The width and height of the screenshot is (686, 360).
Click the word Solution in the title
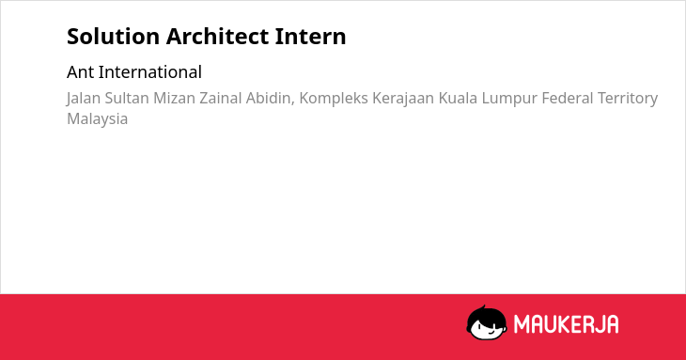tap(114, 37)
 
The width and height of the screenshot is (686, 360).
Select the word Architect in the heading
tap(217, 37)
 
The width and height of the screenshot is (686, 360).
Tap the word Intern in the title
tap(311, 37)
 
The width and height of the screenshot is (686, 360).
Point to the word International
tap(150, 72)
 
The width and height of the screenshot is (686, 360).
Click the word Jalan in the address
tap(84, 99)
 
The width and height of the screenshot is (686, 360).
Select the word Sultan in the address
tap(127, 98)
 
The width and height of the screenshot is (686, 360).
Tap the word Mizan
tap(174, 98)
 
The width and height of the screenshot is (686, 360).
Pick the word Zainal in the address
tap(221, 98)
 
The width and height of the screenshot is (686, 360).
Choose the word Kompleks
tap(334, 99)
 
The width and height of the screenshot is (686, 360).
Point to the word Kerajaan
tap(403, 99)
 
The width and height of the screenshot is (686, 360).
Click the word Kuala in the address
tap(458, 98)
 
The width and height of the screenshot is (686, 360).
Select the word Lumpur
tap(509, 99)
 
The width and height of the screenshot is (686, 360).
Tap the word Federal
tap(568, 98)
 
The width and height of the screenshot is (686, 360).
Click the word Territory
tap(628, 99)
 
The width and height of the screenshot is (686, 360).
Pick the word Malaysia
tap(98, 119)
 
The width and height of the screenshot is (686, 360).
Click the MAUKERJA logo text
tap(566, 324)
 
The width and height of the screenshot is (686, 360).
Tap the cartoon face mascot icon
tap(487, 323)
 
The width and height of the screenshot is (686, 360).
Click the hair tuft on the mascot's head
tap(483, 307)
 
